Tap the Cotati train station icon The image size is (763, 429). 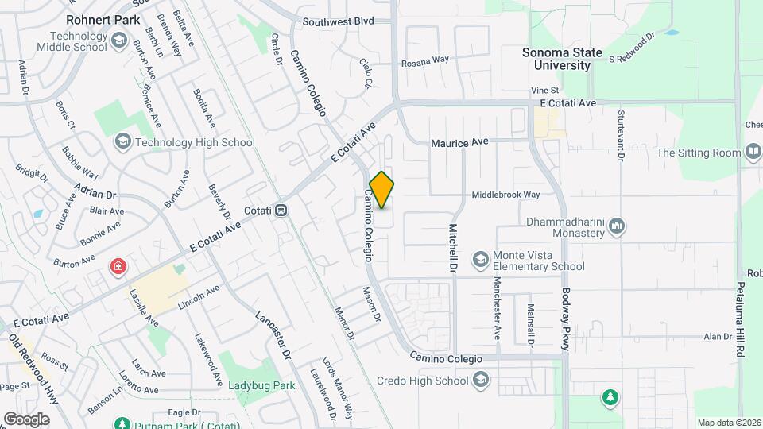(x=281, y=211)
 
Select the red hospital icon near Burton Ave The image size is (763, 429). (x=118, y=266)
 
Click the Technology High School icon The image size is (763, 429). (x=122, y=142)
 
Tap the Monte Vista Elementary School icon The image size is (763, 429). (x=480, y=259)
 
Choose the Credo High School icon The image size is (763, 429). (x=480, y=381)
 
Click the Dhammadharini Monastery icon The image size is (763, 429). (x=617, y=228)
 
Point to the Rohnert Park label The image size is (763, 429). (x=103, y=19)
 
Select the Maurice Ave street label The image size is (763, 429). (x=459, y=143)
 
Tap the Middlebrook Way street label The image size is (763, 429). (x=505, y=195)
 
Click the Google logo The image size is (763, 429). (x=26, y=419)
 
